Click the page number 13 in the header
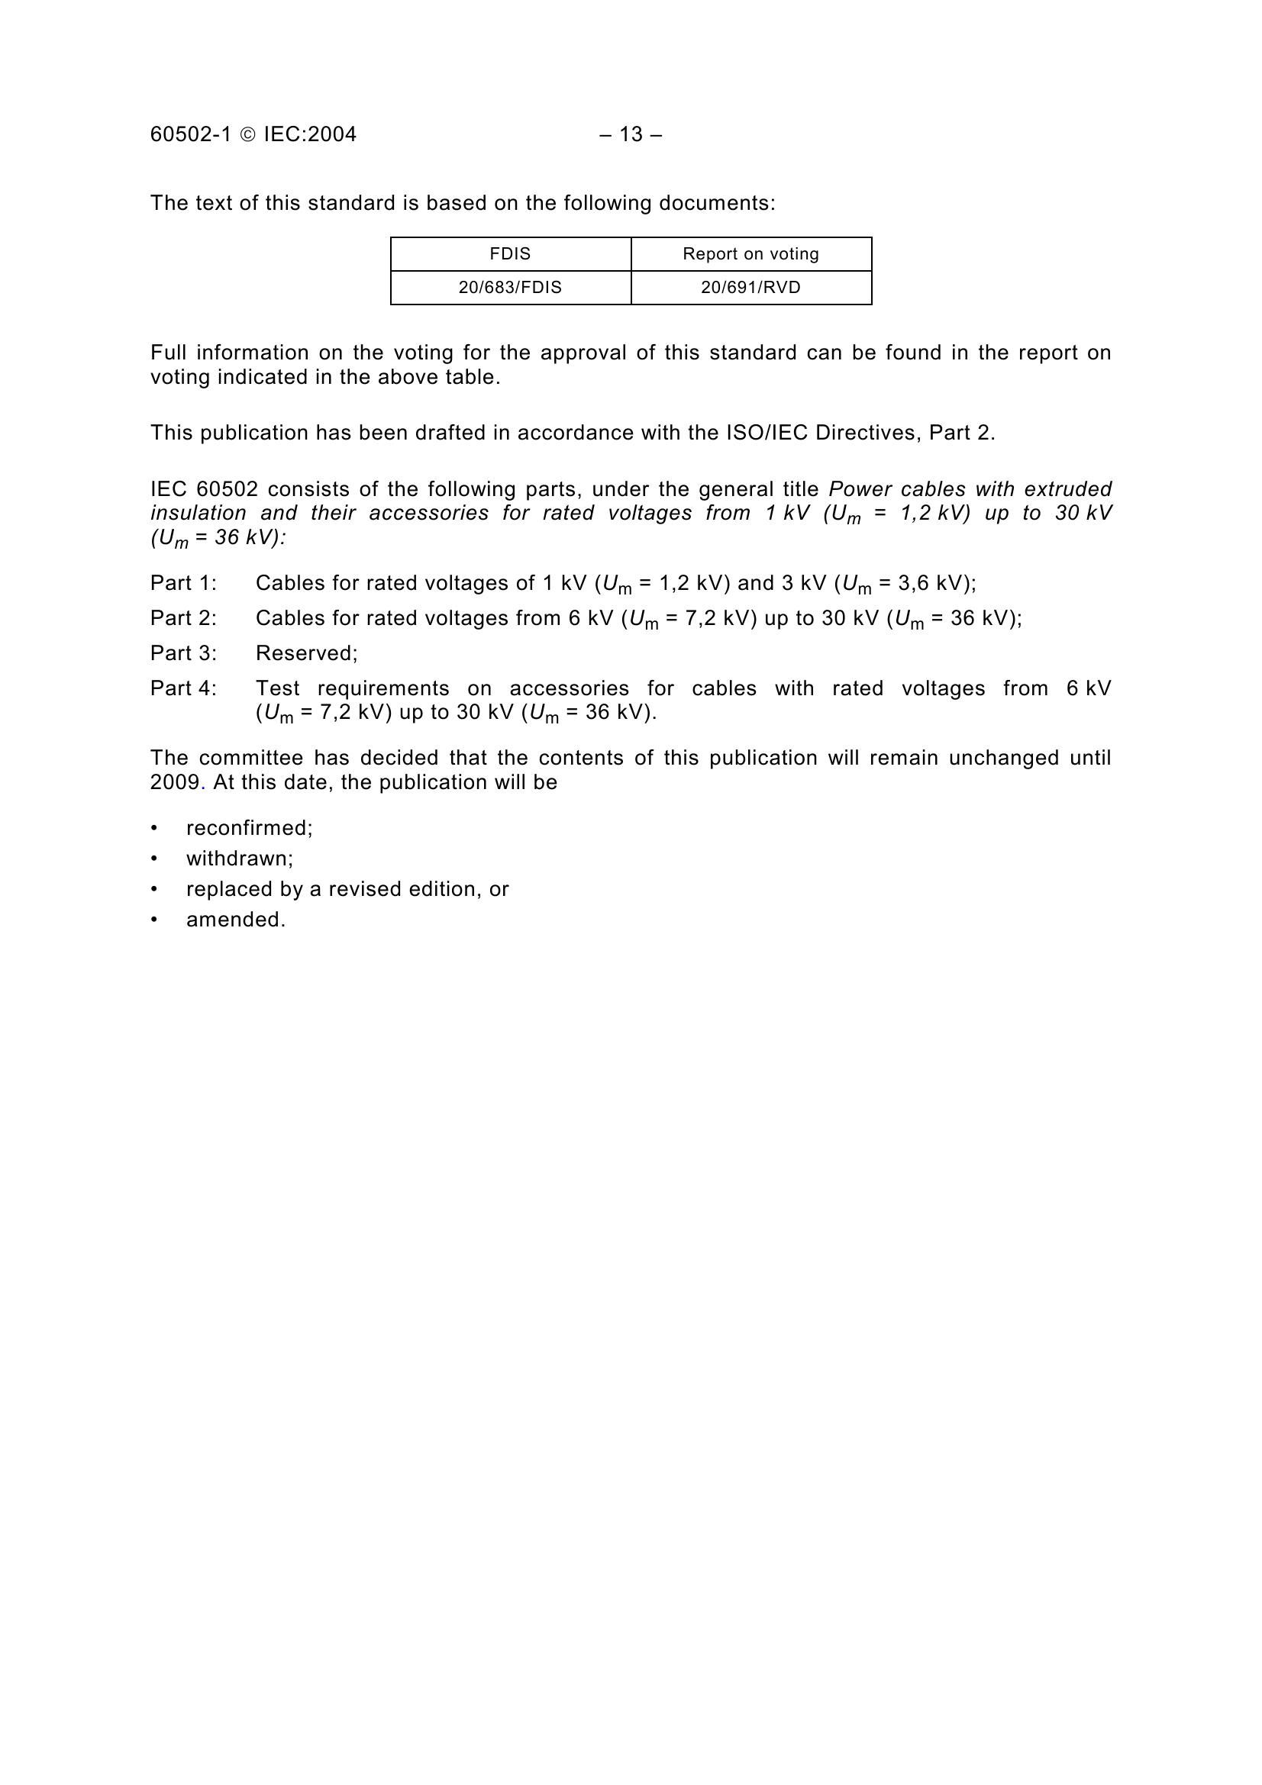(631, 134)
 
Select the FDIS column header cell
(510, 254)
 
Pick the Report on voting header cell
(750, 254)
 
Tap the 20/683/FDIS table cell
(510, 288)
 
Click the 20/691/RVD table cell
(750, 288)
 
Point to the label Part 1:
(183, 583)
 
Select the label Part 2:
(183, 618)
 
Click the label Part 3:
(183, 653)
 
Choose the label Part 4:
(183, 688)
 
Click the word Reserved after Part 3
(304, 653)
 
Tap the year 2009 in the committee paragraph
(175, 782)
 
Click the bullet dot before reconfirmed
(154, 828)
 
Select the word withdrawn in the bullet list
(237, 859)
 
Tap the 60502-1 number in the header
(191, 134)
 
